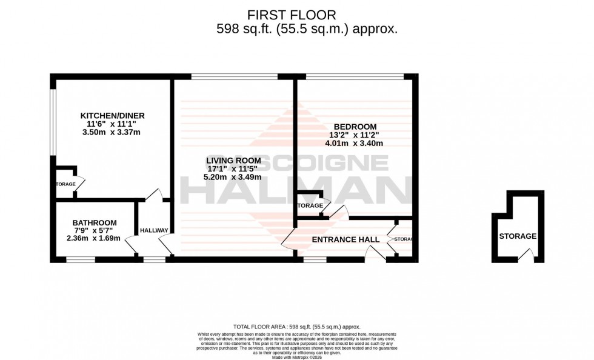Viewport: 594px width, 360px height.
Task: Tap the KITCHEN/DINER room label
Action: [113, 115]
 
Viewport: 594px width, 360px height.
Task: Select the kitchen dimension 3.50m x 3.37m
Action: [113, 132]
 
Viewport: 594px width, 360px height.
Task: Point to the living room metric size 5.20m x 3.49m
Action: [233, 177]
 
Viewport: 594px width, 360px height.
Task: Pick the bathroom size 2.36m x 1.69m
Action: [93, 238]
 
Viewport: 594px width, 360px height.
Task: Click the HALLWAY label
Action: [154, 230]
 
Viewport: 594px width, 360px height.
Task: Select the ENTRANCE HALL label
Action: [345, 239]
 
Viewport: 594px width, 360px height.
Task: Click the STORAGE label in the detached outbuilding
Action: [518, 236]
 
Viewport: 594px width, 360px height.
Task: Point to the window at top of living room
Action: [235, 76]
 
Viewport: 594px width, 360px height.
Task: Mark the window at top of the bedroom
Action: [355, 76]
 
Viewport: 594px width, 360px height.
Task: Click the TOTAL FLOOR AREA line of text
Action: [296, 327]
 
